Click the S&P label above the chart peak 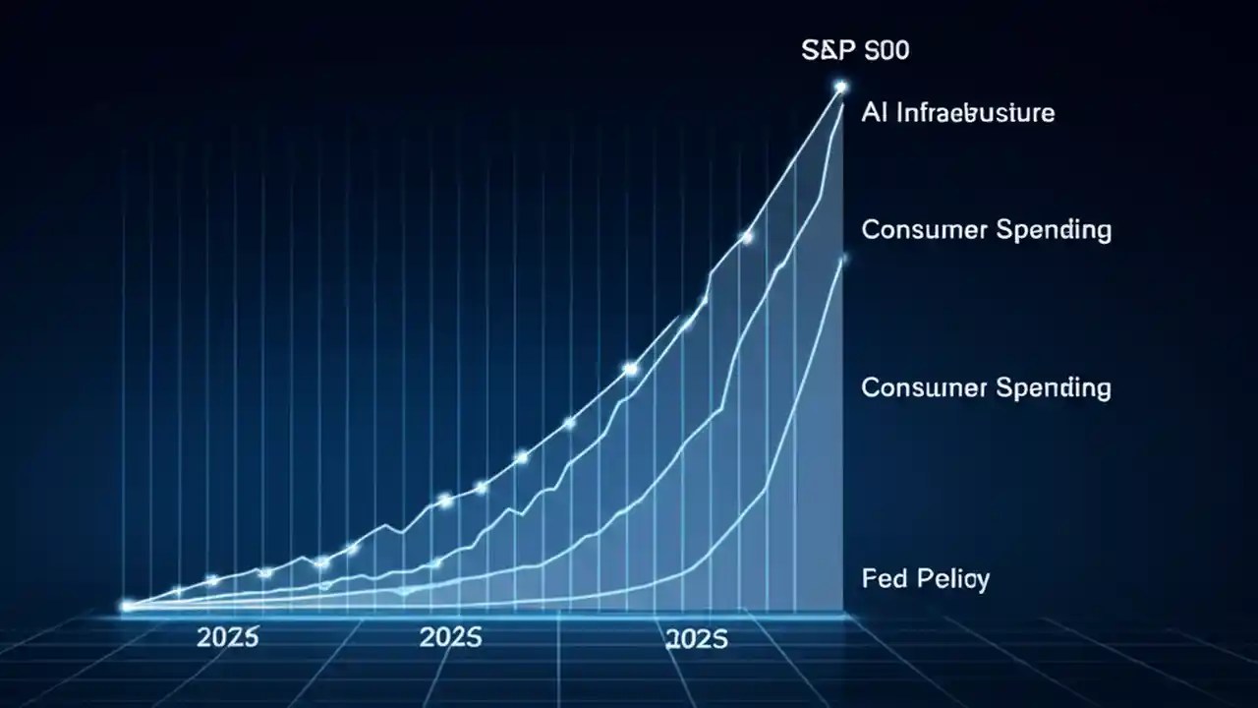pos(855,50)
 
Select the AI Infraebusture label pos(957,112)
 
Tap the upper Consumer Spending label pos(986,230)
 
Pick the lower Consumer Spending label pos(986,387)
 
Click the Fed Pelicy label pos(925,578)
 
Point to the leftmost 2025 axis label pos(227,637)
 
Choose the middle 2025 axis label pos(451,637)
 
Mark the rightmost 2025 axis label pos(697,639)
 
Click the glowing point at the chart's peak pos(840,88)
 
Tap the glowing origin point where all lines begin pos(126,607)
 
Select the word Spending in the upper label pos(1054,231)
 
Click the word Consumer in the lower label pos(924,387)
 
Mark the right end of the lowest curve pos(842,259)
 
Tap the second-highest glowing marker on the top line pos(746,237)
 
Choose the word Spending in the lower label pos(1054,388)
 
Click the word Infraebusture pos(973,112)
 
